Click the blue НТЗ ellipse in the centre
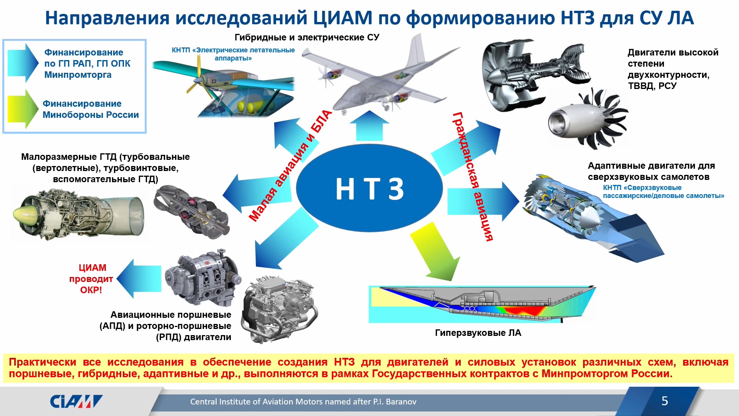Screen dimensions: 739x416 (369, 188)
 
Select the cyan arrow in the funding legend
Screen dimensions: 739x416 (23, 63)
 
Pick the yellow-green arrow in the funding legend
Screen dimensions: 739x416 (23, 109)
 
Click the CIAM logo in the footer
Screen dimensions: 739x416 (76, 401)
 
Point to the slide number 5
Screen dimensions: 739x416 (665, 401)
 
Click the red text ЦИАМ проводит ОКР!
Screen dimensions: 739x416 (91, 278)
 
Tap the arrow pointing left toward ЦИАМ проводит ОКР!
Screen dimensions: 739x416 (139, 278)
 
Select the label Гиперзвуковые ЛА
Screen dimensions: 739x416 (478, 333)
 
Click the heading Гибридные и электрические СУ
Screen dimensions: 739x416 (307, 37)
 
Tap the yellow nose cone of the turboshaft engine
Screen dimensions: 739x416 (25, 214)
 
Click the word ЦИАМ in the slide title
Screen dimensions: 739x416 (343, 18)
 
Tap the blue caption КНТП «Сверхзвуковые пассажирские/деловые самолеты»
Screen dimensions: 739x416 (663, 191)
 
